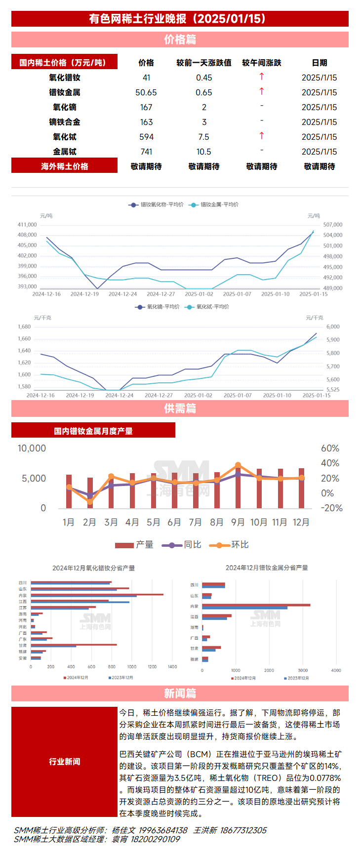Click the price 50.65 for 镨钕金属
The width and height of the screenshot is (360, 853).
(146, 92)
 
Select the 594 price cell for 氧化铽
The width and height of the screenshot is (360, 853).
(146, 137)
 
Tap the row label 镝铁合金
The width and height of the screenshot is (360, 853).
(65, 122)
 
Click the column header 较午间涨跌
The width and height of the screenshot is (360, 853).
(262, 63)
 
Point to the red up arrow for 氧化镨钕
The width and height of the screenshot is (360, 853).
(262, 77)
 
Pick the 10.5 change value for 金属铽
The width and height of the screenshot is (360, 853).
(203, 152)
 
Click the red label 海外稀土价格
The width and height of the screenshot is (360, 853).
(65, 166)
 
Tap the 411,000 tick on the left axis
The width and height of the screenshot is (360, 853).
(27, 225)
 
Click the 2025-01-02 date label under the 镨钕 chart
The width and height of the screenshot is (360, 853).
(199, 294)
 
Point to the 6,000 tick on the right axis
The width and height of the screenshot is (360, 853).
(333, 326)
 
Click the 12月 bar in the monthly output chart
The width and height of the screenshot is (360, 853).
(301, 488)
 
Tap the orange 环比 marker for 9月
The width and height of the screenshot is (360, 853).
(238, 465)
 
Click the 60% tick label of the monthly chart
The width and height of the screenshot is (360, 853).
(330, 448)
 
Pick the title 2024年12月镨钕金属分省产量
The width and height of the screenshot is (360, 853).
(267, 568)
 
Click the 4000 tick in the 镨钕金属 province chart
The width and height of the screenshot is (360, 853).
(336, 670)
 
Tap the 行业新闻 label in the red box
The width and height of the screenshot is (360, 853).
(65, 762)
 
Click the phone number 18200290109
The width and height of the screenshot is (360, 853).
(155, 839)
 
